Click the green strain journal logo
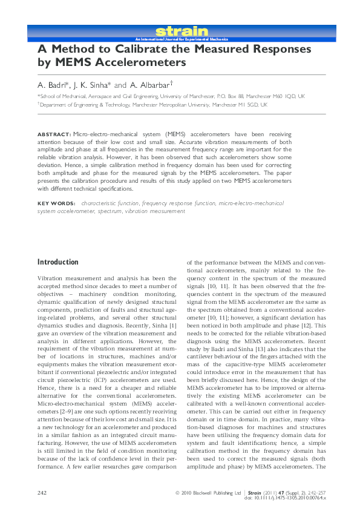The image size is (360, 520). tap(182, 31)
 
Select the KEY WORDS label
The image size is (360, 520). tap(56, 204)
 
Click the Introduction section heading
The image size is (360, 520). tap(58, 262)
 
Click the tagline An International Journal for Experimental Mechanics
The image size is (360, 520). tap(181, 38)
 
